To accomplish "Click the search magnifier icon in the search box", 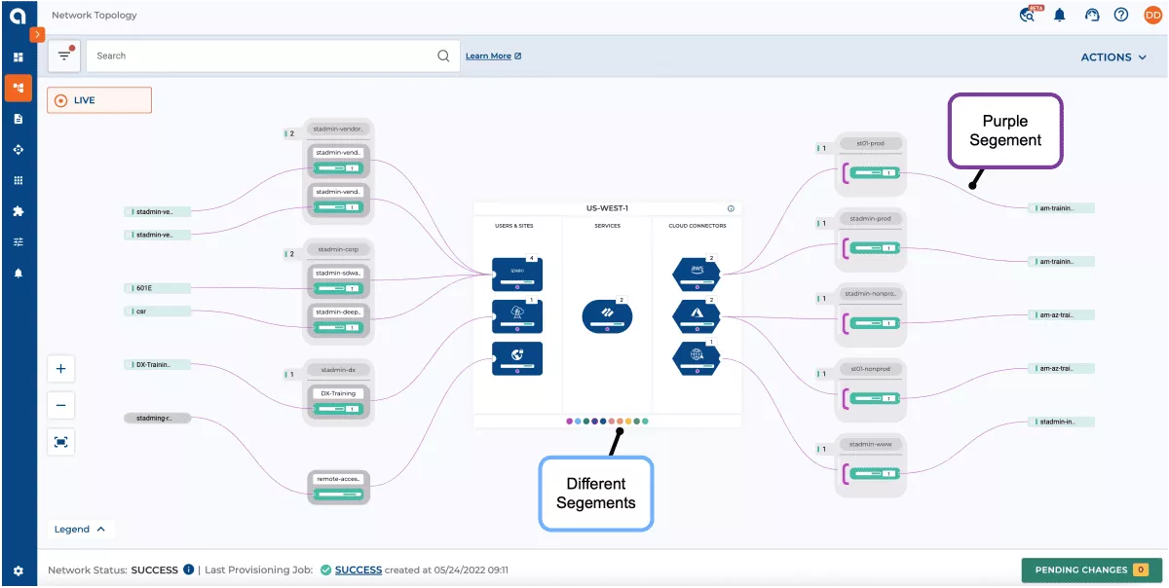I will pos(443,56).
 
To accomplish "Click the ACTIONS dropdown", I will pos(1113,57).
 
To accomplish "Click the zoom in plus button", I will pos(61,369).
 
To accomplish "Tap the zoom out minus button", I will pos(61,405).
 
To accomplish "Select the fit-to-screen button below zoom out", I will pos(61,442).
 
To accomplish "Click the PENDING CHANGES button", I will pos(1085,570).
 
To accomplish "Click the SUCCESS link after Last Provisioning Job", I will pos(358,570).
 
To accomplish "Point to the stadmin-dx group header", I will pos(338,371).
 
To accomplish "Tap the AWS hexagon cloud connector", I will pos(697,274).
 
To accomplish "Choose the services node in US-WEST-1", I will pos(607,315).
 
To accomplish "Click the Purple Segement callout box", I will pos(1004,131).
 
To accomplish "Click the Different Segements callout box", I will pos(596,494).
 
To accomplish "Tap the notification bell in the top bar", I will pos(1060,16).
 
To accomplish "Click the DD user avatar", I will pos(1152,16).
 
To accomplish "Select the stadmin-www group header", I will pos(870,444).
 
